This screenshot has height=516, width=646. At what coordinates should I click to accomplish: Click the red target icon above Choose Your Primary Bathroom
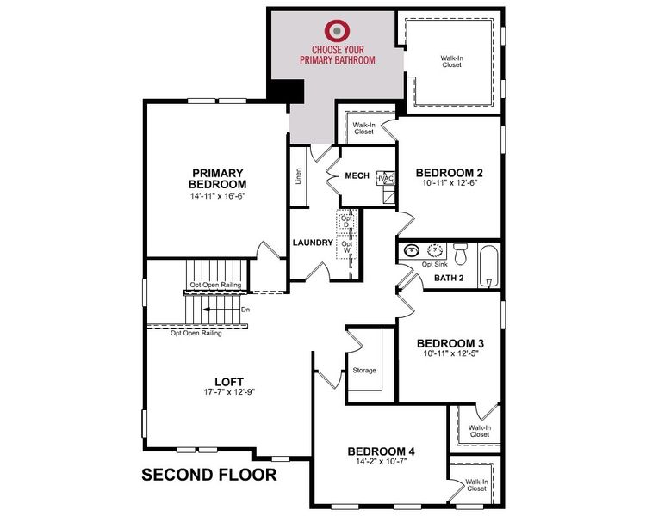pyautogui.click(x=337, y=30)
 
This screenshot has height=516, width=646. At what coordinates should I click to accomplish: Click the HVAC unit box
pyautogui.click(x=385, y=179)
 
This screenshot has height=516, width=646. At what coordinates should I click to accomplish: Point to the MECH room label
pyautogui.click(x=357, y=176)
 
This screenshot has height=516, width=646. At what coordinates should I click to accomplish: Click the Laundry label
pyautogui.click(x=312, y=243)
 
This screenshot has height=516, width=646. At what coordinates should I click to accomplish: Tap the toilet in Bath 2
pyautogui.click(x=460, y=254)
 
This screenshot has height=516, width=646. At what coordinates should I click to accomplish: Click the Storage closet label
pyautogui.click(x=364, y=370)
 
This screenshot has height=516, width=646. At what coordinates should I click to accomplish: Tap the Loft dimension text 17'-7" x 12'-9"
pyautogui.click(x=229, y=392)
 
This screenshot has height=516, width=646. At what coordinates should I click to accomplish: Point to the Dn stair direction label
pyautogui.click(x=245, y=308)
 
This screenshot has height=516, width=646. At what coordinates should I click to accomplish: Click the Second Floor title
pyautogui.click(x=208, y=474)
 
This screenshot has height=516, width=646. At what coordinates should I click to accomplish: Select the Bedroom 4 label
pyautogui.click(x=382, y=451)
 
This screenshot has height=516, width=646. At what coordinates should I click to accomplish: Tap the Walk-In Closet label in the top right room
pyautogui.click(x=451, y=61)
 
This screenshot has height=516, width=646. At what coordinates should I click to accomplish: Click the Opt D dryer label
pyautogui.click(x=347, y=220)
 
